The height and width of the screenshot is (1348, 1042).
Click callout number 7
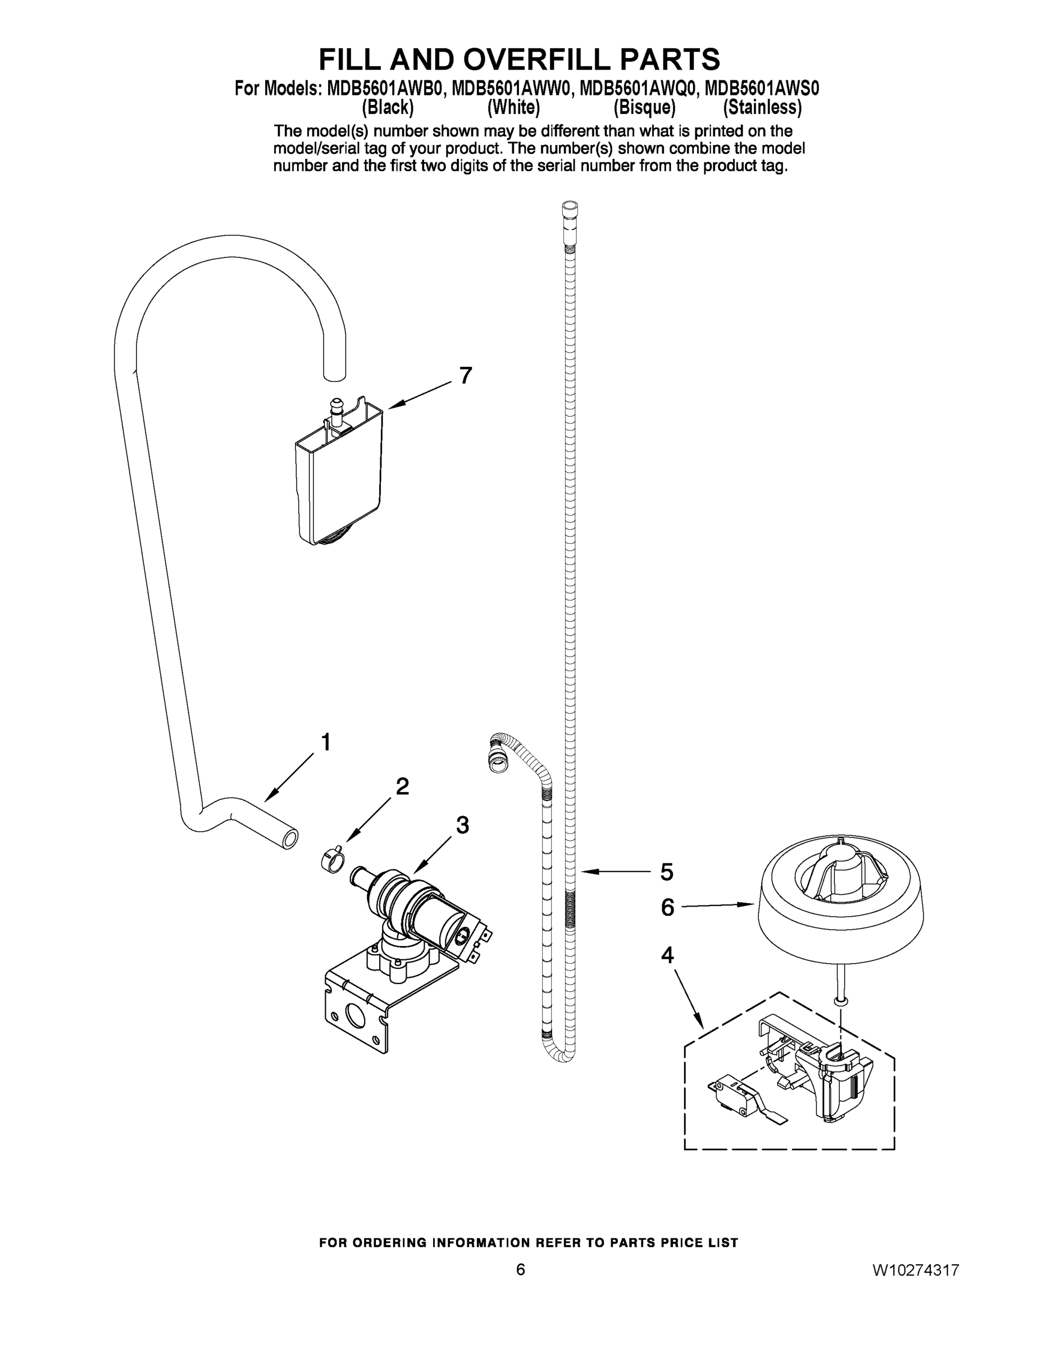coord(466,375)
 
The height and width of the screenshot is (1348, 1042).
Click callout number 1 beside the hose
coord(326,742)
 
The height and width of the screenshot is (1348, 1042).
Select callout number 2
coord(402,786)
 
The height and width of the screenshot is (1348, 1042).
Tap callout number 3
coord(462,825)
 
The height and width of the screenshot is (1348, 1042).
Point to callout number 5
coord(667,872)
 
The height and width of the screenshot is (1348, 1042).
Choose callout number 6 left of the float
coord(667,907)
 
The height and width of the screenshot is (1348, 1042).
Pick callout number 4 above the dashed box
coord(667,955)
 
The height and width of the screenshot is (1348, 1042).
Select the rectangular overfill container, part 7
coord(339,475)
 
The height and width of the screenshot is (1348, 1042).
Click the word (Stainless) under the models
coord(762,107)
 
